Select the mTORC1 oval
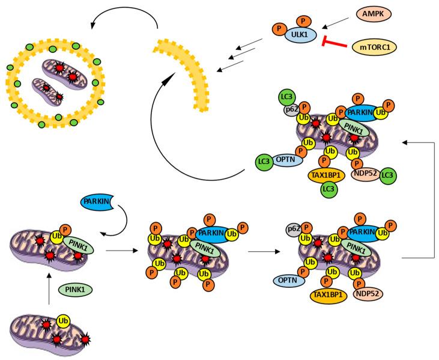pyautogui.click(x=375, y=47)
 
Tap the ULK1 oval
pyautogui.click(x=300, y=35)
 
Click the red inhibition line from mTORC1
pyautogui.click(x=335, y=43)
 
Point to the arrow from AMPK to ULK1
pyautogui.click(x=336, y=23)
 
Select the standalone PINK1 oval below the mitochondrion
pyautogui.click(x=75, y=290)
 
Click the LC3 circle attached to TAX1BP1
pyautogui.click(x=328, y=189)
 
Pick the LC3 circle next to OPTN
pyautogui.click(x=264, y=162)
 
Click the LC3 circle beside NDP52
pyautogui.click(x=388, y=175)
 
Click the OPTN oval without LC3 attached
pyautogui.click(x=289, y=280)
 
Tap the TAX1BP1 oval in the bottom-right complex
pyautogui.click(x=328, y=296)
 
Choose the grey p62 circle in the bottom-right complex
pyautogui.click(x=294, y=230)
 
